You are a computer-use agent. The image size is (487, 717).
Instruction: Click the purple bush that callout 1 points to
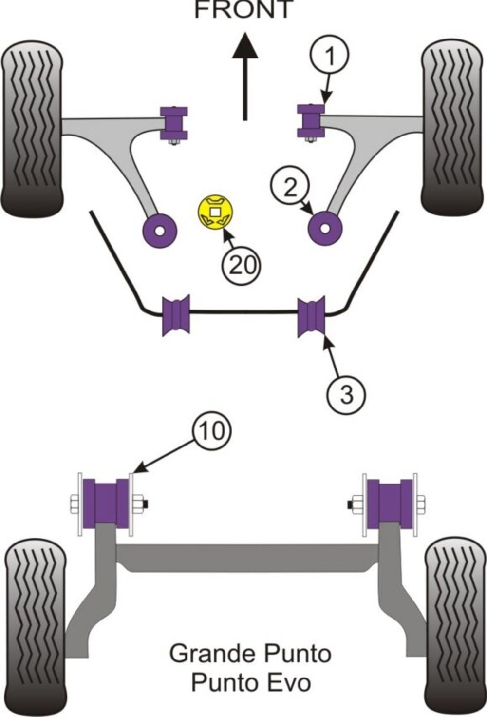click(311, 121)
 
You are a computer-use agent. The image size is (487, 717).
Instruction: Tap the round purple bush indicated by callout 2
click(325, 229)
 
